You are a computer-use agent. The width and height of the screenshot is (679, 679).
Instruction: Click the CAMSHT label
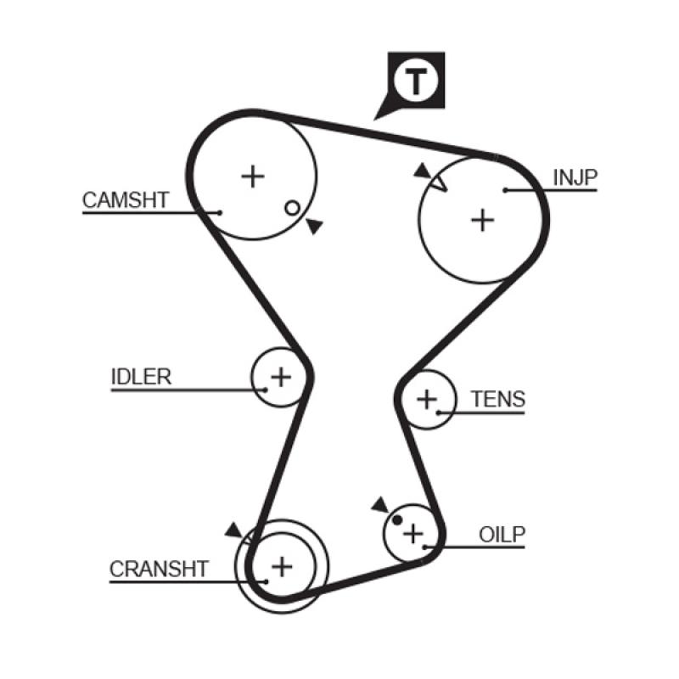click(x=126, y=200)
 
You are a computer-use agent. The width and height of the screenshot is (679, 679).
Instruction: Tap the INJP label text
click(x=575, y=177)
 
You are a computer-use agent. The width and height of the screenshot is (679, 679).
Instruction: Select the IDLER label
click(x=141, y=377)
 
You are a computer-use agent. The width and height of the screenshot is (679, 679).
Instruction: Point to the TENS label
click(x=498, y=399)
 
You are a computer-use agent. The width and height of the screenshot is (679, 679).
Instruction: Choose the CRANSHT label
click(x=159, y=569)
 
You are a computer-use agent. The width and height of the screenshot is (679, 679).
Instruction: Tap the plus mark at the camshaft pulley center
click(x=252, y=176)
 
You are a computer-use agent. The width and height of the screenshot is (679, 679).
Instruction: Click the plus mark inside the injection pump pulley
click(x=482, y=220)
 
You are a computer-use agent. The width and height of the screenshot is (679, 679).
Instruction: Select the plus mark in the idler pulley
click(x=280, y=375)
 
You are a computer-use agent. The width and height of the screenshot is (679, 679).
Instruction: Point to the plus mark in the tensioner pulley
click(x=427, y=397)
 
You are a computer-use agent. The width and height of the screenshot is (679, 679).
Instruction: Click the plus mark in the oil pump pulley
click(x=412, y=534)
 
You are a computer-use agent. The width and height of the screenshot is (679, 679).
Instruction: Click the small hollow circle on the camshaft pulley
click(x=291, y=207)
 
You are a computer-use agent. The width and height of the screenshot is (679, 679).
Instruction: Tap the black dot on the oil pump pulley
click(x=397, y=519)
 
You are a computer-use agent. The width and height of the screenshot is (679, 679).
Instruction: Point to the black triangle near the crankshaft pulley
click(x=233, y=530)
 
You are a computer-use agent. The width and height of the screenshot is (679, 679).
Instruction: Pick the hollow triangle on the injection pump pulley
click(x=438, y=182)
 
